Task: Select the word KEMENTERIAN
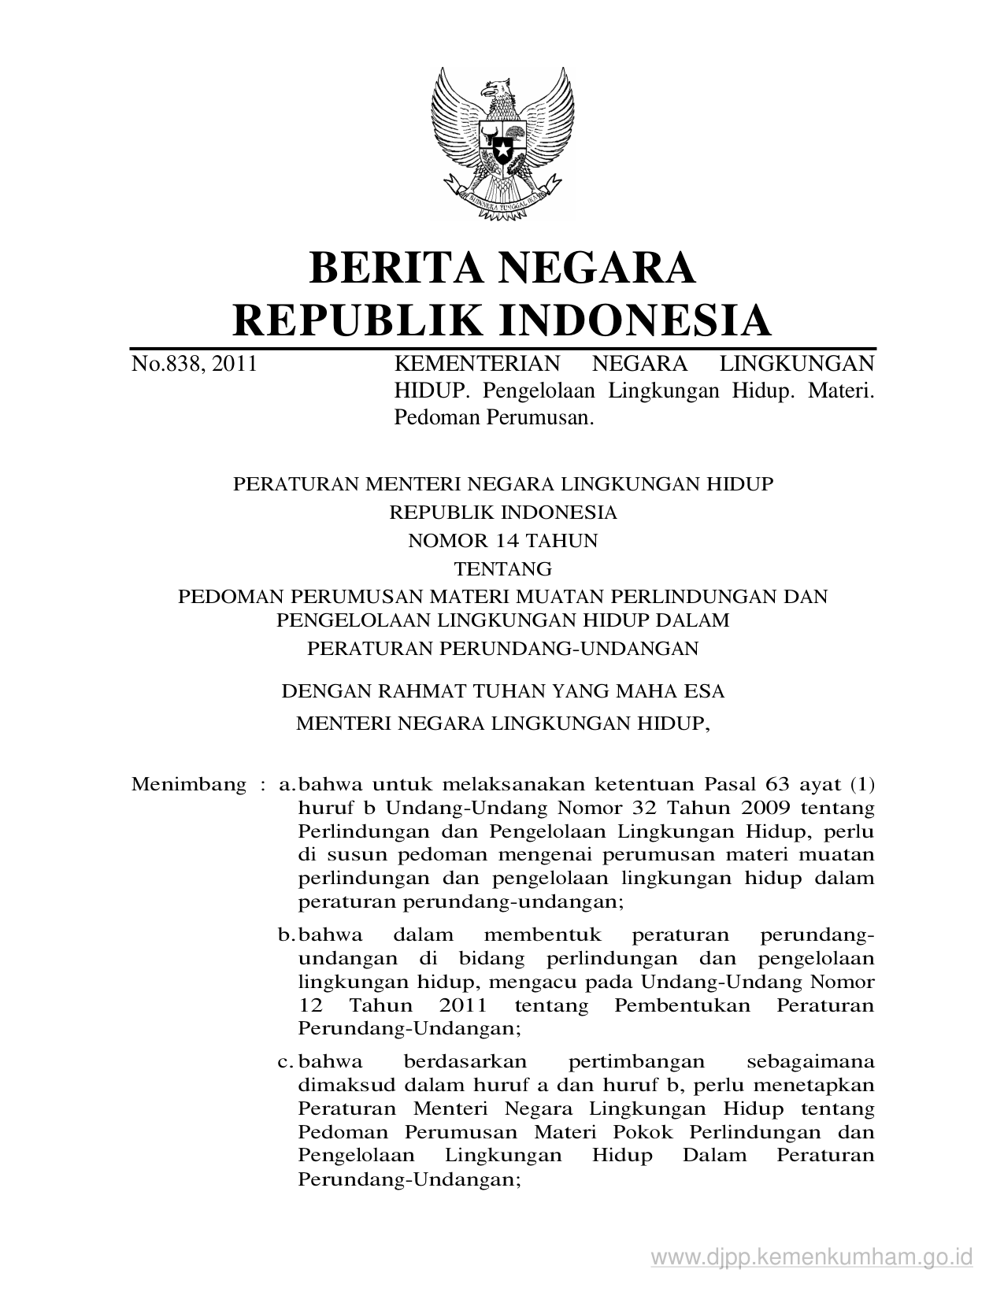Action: (x=476, y=364)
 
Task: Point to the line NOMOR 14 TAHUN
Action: (x=502, y=541)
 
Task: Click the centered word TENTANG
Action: (x=502, y=568)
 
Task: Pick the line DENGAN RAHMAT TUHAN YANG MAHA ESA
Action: (x=502, y=691)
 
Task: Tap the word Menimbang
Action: (x=189, y=784)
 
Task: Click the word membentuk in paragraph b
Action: (x=543, y=935)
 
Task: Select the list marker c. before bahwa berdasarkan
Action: (x=286, y=1061)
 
